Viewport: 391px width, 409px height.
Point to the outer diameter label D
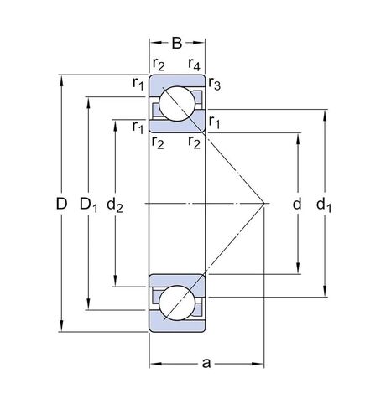point(60,204)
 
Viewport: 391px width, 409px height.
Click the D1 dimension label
point(88,204)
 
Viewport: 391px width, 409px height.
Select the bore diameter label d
point(297,204)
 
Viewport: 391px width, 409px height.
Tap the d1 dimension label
point(325,204)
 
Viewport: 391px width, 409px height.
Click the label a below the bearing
point(206,364)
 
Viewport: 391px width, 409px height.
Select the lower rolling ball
point(178,302)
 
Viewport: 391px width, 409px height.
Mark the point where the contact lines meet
point(265,203)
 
